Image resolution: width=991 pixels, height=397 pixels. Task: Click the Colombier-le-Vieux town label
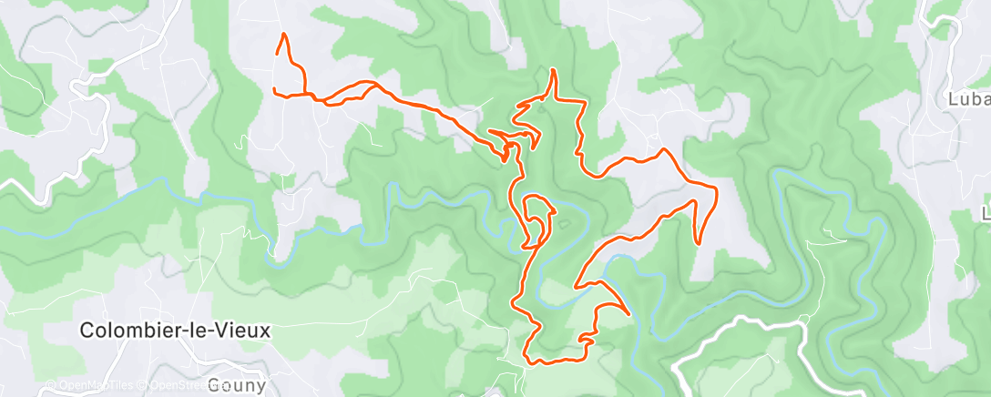click(x=176, y=331)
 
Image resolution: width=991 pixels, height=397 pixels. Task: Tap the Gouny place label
click(x=236, y=384)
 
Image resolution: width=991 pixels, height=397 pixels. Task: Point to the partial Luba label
click(x=969, y=98)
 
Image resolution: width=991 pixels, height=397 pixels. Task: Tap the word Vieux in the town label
click(x=247, y=331)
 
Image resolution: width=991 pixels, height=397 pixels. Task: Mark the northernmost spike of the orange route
click(x=552, y=70)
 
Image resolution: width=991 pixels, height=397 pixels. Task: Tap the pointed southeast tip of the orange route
click(x=628, y=314)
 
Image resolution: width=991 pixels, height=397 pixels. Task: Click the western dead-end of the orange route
click(x=274, y=88)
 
